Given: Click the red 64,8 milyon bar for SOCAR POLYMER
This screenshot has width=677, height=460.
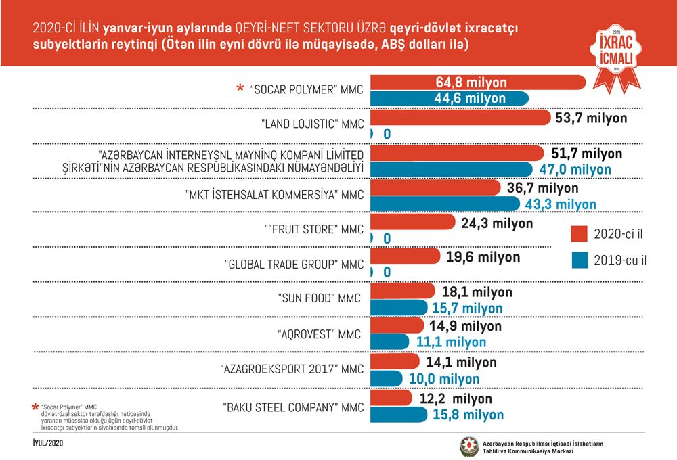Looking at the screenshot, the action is pos(478,82).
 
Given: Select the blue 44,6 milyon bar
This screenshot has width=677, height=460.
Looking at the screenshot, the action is pos(450,98).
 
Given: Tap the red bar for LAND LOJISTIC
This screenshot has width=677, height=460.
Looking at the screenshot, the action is pos(460,118).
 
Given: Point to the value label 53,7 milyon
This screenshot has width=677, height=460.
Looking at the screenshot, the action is pos(591,118).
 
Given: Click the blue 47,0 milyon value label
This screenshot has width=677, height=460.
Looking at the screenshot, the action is pos(575,169).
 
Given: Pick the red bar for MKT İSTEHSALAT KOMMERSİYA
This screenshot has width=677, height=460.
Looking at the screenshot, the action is pos(435,187).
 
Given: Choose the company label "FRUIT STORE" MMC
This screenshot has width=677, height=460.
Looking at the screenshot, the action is pos(314,229).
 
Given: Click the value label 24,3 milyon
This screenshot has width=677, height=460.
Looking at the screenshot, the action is pos(497,223).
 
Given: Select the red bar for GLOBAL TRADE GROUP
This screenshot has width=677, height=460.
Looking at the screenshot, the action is pos(405,256).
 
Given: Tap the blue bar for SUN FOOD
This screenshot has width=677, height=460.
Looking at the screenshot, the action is pos(399,308).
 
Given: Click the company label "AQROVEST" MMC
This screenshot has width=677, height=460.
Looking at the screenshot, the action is pos(319,334).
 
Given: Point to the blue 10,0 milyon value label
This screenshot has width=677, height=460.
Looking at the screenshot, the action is pos(444,379).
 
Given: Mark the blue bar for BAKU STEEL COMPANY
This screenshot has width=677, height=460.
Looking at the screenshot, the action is pos(399,414).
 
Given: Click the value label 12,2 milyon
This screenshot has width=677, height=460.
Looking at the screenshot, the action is pos(456,398).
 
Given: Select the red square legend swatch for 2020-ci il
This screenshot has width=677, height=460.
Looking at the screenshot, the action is pos(579,233).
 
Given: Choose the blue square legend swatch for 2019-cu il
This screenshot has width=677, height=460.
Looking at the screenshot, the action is pos(580,260).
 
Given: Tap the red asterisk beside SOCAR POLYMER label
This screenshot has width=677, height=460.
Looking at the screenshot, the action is pos(240,89).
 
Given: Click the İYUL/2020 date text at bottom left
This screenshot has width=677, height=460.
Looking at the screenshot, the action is pos(48,443).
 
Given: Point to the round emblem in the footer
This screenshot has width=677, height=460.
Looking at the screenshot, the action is pos(469,446).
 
